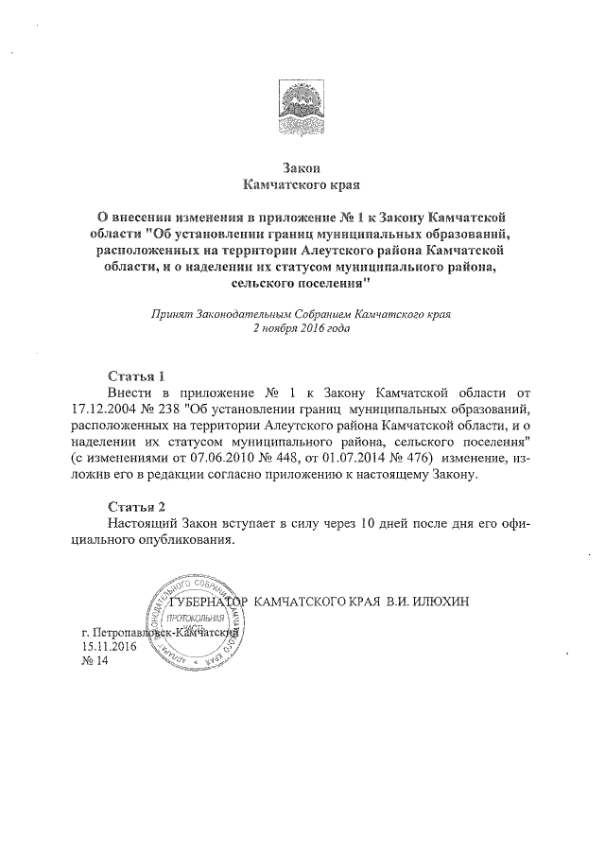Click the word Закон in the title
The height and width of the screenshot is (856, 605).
tap(302, 166)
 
